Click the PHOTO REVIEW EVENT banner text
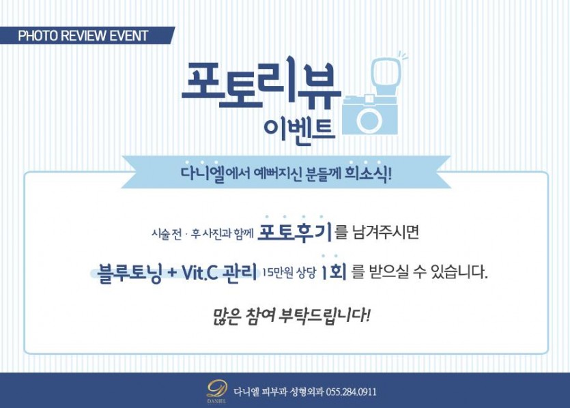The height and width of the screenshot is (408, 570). point(83,35)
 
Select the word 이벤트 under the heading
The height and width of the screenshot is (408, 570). point(299,130)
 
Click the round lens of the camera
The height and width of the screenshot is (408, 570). point(369,119)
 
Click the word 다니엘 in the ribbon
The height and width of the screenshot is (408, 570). point(203,173)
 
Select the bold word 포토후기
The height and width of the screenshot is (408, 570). point(294,232)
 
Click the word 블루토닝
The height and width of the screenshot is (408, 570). point(129,272)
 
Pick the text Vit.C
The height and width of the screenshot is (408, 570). point(199,272)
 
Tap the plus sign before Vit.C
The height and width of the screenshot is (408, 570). point(171,273)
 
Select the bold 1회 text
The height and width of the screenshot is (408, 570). point(333,272)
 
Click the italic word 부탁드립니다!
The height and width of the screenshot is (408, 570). point(324,315)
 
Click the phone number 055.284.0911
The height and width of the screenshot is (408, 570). point(351,392)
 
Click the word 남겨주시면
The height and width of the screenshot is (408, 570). point(386,232)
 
